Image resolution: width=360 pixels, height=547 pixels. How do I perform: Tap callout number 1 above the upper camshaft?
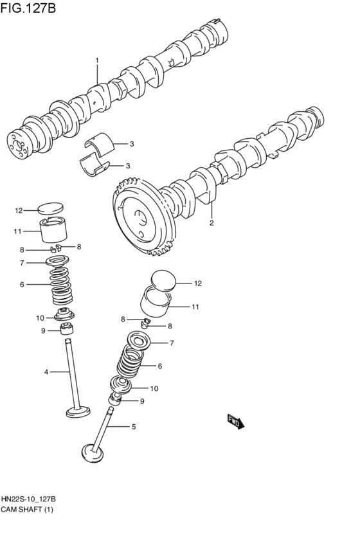[97, 60]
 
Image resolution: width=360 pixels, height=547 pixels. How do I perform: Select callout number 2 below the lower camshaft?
[210, 224]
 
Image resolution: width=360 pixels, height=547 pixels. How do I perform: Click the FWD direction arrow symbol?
[236, 422]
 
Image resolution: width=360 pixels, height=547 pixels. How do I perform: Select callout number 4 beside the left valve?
[46, 372]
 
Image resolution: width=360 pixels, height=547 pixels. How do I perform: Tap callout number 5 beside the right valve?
[133, 426]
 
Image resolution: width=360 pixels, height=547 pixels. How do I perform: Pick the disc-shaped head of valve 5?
[92, 454]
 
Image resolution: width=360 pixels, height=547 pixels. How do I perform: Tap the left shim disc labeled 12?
[51, 208]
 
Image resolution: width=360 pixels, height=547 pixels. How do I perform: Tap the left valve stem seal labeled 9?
[66, 330]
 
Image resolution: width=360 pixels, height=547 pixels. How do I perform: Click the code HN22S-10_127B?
[29, 499]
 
